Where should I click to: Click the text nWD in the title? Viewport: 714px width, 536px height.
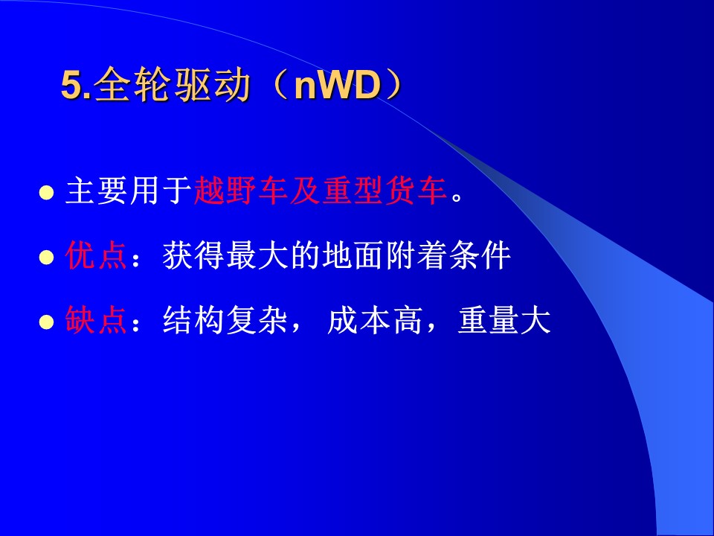[x=338, y=85]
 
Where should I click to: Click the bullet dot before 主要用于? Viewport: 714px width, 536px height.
[x=46, y=193]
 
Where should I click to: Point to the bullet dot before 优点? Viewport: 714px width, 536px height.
[x=46, y=257]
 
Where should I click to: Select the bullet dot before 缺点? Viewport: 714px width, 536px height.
[x=46, y=322]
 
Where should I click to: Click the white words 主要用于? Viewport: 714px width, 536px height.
[x=129, y=191]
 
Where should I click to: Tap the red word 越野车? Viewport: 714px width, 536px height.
[x=241, y=191]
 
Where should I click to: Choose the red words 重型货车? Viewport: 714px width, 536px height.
[x=385, y=191]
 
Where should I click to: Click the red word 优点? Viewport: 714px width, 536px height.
[x=96, y=255]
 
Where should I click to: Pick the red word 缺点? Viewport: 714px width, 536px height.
[x=96, y=320]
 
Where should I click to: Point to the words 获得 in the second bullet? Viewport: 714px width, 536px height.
[x=193, y=255]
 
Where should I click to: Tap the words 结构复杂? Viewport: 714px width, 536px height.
[x=225, y=320]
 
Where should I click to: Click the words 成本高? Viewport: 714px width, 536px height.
[x=374, y=320]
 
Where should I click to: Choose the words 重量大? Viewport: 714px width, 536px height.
[x=504, y=320]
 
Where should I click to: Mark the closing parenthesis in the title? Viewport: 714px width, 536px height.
[x=393, y=85]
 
